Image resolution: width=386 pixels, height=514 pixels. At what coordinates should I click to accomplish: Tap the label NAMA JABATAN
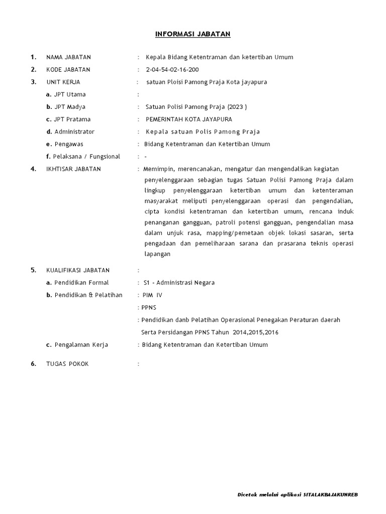click(x=68, y=57)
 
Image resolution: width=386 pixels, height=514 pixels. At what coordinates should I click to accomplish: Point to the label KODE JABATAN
click(x=68, y=69)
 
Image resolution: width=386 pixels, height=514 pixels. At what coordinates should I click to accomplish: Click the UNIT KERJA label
click(x=63, y=82)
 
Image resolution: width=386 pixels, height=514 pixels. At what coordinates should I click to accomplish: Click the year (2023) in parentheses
click(x=237, y=107)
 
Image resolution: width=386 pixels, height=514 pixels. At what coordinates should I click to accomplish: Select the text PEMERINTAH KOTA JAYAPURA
click(x=189, y=119)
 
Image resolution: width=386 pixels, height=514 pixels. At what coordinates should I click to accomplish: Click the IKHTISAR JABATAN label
click(x=73, y=169)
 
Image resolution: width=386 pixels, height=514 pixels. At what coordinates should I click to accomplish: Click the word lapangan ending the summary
click(x=156, y=254)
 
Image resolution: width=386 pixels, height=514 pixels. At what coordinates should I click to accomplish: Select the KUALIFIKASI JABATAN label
click(x=77, y=270)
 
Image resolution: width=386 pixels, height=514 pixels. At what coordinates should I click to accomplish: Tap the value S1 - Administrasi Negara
click(x=179, y=283)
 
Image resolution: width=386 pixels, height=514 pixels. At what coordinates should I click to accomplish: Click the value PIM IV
click(x=153, y=295)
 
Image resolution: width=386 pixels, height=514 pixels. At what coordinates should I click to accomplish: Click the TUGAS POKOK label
click(x=67, y=364)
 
